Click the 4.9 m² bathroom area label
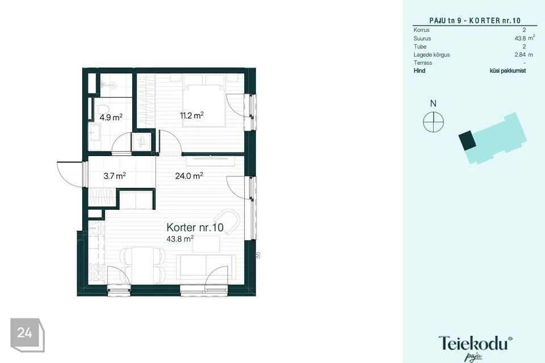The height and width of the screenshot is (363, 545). pos(111,117)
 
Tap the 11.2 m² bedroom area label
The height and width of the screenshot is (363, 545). pos(191,116)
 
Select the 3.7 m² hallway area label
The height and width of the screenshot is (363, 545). pos(114,176)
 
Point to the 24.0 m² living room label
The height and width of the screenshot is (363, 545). pos(189,176)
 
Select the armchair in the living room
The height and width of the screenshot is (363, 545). pos(228,221)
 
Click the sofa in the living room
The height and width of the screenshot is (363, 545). pos(206,265)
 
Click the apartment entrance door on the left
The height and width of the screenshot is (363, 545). pos(70,173)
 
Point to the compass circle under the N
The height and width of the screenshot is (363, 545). pos(433,121)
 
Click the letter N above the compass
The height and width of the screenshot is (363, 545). pos(433,103)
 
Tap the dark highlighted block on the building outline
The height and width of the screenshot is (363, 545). pos(468,140)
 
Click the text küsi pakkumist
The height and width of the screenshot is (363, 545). pos(508,71)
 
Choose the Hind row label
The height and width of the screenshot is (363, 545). pos(420,71)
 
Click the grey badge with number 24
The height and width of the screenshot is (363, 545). pos(25,333)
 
